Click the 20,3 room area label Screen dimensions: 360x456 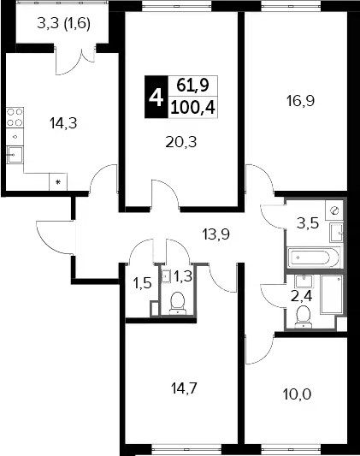181,142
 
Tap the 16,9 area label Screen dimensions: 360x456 300,101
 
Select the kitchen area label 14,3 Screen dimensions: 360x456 63,123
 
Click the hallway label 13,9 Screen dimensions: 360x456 215,234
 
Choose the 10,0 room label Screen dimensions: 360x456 297,394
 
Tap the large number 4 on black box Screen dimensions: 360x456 156,98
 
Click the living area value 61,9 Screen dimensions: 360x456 193,86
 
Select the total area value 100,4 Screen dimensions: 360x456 193,108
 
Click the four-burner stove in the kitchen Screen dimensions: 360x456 15,117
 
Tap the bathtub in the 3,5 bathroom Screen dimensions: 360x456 313,257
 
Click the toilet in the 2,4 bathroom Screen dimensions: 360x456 303,317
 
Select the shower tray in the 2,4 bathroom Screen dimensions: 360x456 332,294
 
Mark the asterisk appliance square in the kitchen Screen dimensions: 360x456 58,182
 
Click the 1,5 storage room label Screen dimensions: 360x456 142,283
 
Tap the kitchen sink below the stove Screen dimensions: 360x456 15,155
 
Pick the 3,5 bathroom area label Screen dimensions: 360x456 308,224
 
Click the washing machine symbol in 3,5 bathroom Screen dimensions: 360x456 334,210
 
